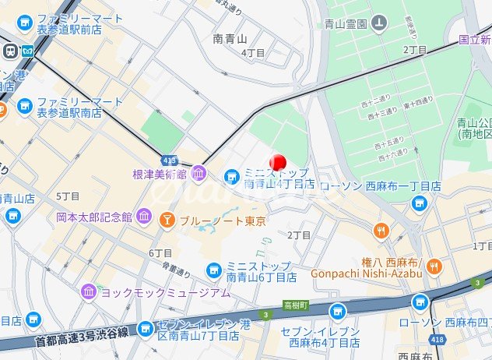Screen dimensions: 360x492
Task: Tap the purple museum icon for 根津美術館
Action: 199,174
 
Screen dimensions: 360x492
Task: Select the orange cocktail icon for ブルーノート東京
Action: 167,221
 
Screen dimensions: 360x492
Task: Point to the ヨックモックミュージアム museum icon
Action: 90,292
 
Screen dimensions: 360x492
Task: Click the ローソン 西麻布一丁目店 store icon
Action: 420,203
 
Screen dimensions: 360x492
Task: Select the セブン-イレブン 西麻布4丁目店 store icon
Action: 336,312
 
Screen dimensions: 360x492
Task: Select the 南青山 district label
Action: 229,37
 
